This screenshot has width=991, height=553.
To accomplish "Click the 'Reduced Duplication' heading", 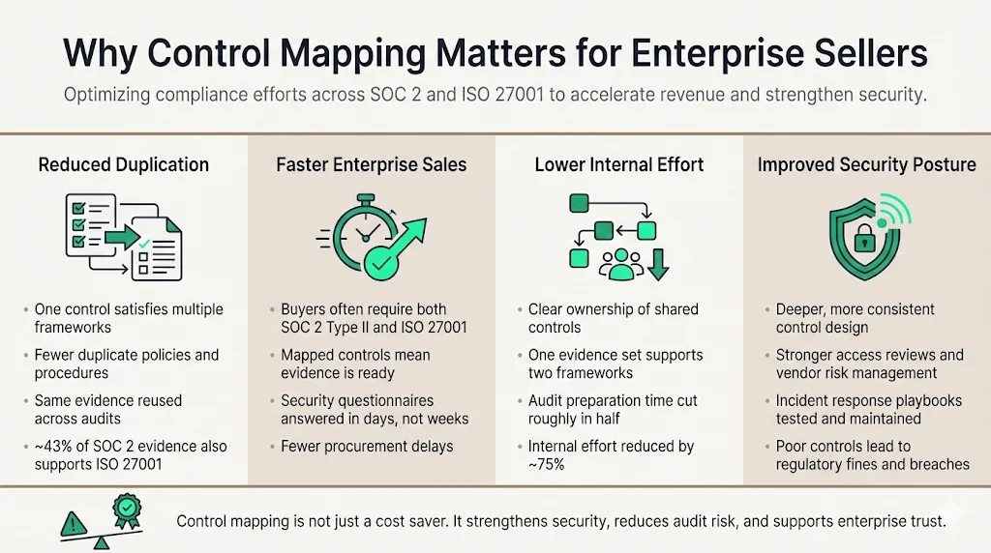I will click(123, 164).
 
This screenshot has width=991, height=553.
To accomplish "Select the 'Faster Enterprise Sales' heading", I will click(372, 164).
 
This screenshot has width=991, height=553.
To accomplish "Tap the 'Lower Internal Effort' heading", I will click(619, 164).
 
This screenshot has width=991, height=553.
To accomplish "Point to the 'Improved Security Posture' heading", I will click(867, 164).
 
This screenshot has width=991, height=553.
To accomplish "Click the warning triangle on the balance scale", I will click(73, 523).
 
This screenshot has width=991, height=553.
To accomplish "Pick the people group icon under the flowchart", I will click(618, 264).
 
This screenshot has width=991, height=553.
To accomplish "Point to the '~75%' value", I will click(548, 464).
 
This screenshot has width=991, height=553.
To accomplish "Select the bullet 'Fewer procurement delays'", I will click(367, 447).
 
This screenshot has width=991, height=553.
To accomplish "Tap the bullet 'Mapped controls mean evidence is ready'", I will click(355, 364).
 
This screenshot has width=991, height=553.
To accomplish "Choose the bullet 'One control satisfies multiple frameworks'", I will click(129, 318).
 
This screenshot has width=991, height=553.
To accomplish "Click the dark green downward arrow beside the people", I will click(658, 263).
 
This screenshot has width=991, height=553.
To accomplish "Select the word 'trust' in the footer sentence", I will click(926, 521).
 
